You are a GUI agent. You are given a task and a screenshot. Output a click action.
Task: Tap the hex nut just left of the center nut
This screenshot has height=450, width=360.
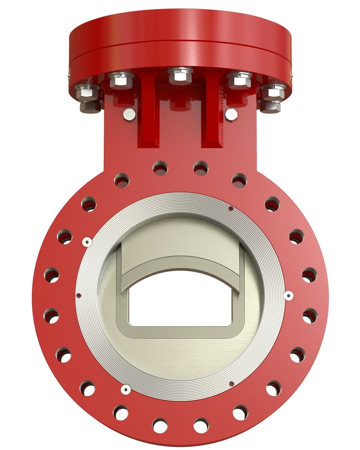coord(121,80)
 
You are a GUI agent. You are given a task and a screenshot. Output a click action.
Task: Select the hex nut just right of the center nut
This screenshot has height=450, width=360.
coord(239,80)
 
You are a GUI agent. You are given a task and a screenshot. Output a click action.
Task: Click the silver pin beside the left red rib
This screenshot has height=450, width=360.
coord(129,114)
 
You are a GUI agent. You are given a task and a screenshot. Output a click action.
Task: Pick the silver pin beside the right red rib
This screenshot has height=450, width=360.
coord(231,114)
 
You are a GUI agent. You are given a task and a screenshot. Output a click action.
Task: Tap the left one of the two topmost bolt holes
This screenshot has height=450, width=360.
coord(160,168)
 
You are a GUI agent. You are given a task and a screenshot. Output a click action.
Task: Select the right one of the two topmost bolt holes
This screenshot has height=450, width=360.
coord(201,168)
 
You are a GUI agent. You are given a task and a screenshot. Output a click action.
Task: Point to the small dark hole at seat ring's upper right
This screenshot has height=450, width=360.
coord(231,208)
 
